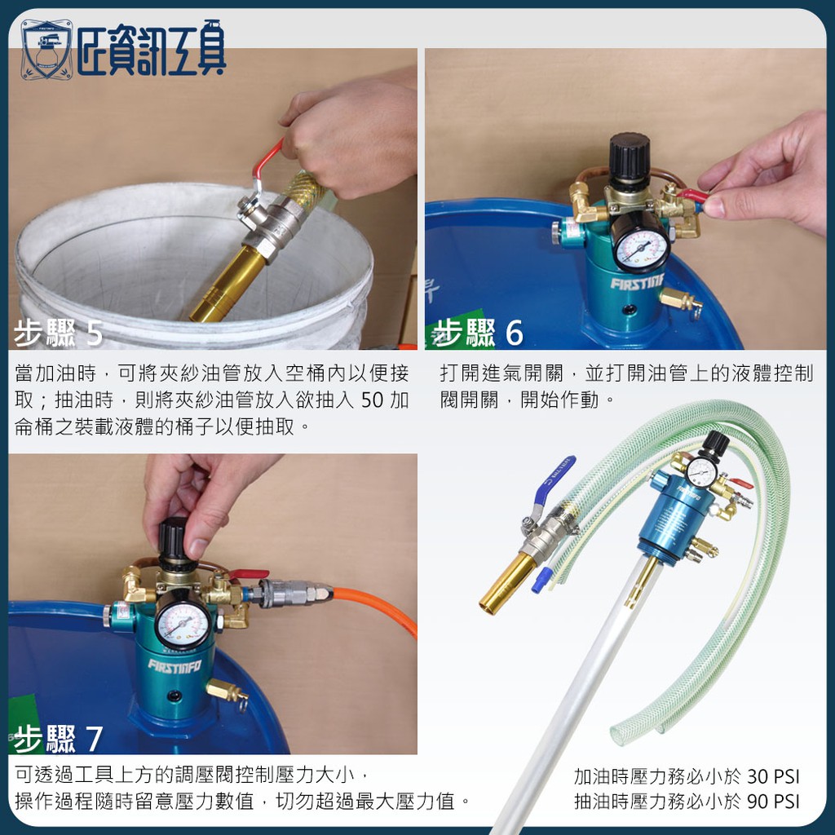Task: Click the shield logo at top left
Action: tap(46, 50)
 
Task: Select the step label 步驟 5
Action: tap(58, 333)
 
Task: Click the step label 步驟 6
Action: tap(478, 333)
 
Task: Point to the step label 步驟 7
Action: tap(58, 739)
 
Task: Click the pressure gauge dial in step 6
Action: tap(640, 249)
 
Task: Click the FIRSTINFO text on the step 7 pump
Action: tap(175, 666)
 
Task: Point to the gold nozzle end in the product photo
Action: tap(504, 584)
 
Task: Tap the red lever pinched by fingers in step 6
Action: tap(691, 195)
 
